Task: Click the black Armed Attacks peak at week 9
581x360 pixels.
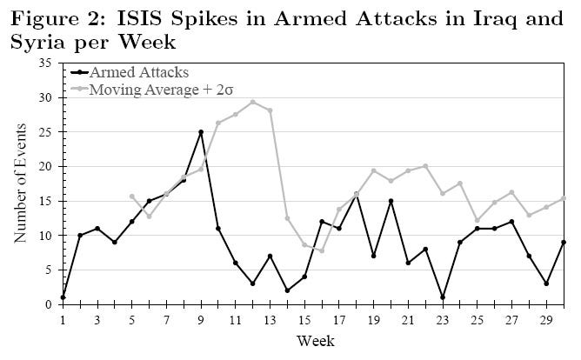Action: pyautogui.click(x=201, y=132)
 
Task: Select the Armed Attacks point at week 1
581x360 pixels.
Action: pyautogui.click(x=63, y=297)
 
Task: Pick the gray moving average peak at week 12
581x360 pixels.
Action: pyautogui.click(x=252, y=102)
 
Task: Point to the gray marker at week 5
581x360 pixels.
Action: pyautogui.click(x=131, y=197)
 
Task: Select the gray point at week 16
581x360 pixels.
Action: pyautogui.click(x=321, y=250)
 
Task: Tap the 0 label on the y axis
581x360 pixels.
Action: pyautogui.click(x=49, y=304)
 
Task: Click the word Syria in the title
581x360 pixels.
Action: pyautogui.click(x=32, y=41)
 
